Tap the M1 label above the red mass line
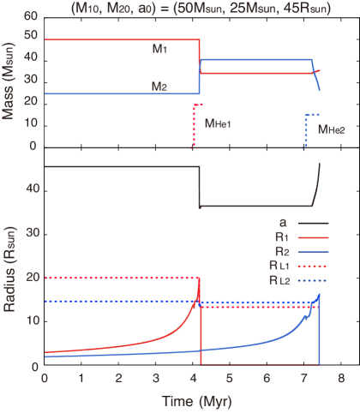pos(159,50)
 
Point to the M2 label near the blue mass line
pos(159,87)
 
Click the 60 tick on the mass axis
pos(32,17)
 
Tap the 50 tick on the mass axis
pos(32,39)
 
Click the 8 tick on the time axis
pos(340,378)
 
